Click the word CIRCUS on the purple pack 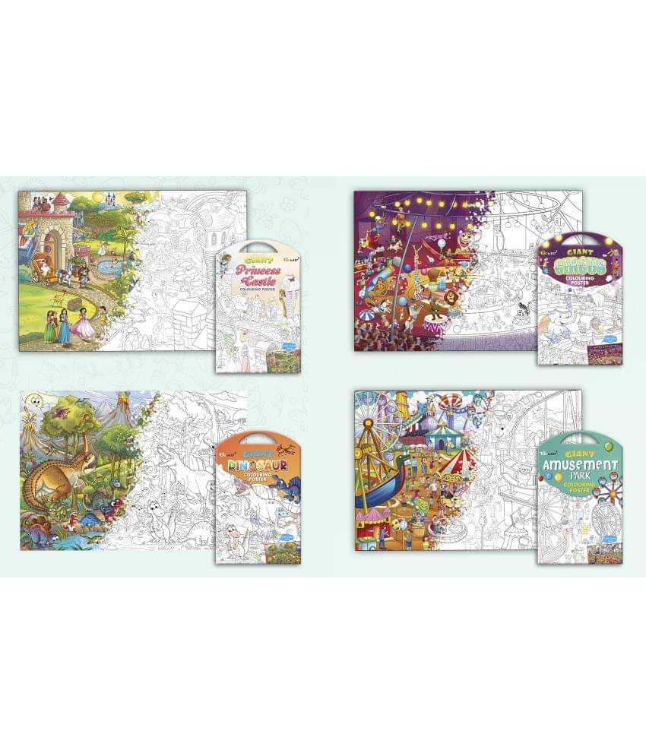pos(580,265)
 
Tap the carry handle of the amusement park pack pos(580,441)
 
